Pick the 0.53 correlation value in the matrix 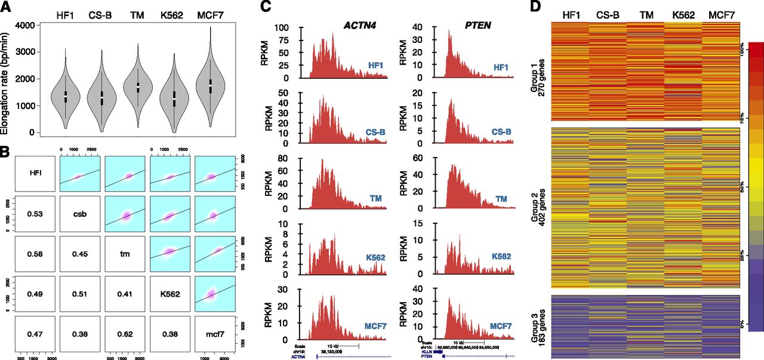pos(35,213)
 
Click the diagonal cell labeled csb pos(81,213)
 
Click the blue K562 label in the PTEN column pos(501,256)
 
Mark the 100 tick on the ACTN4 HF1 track pos(289,27)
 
